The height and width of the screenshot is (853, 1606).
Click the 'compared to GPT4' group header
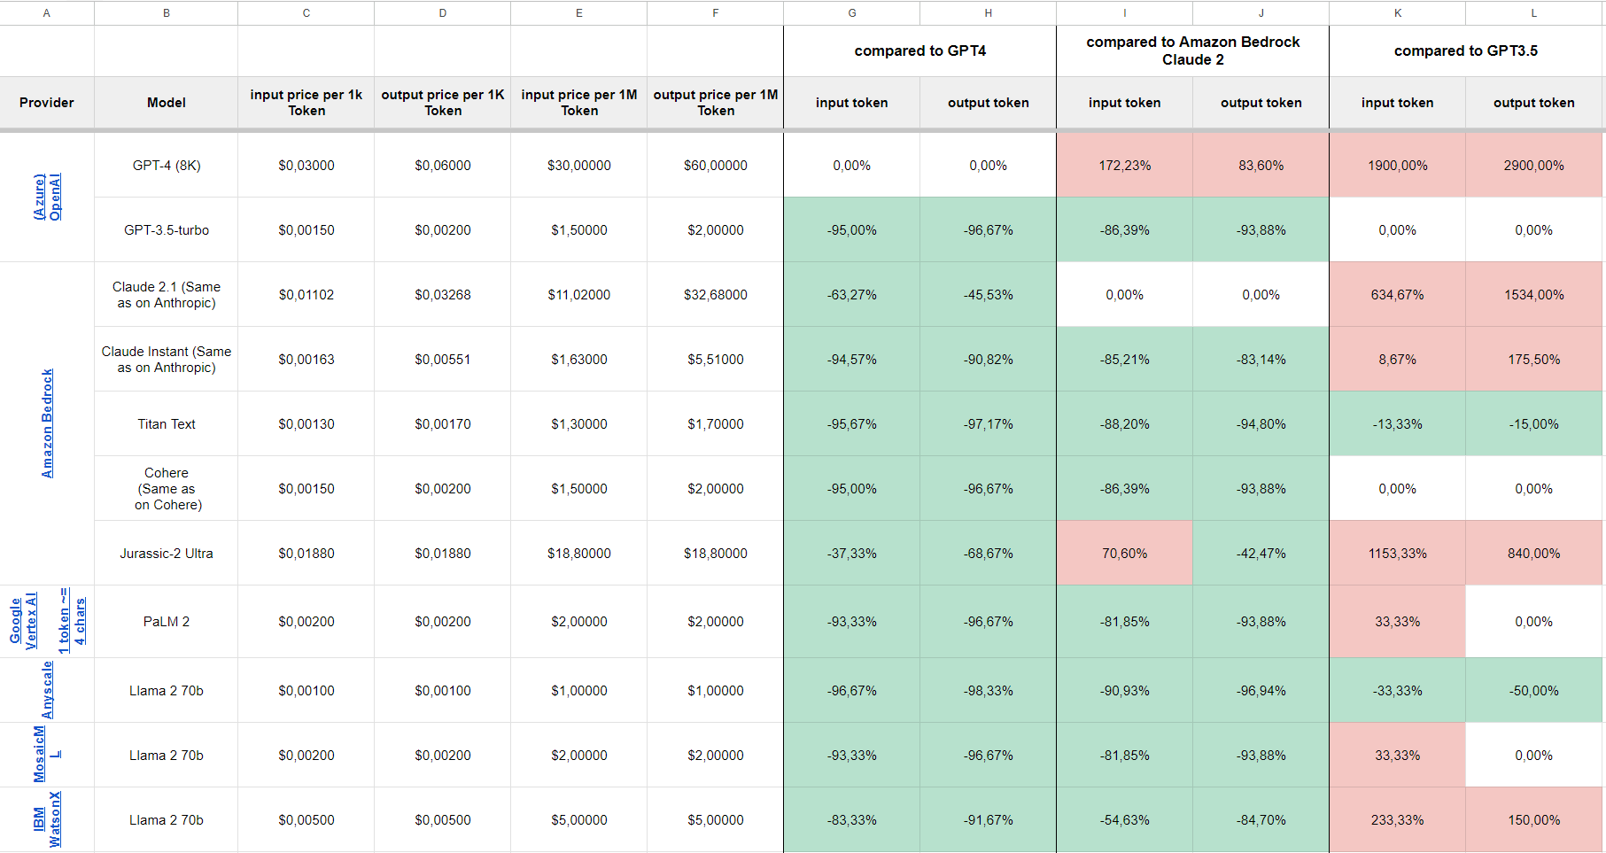coord(919,50)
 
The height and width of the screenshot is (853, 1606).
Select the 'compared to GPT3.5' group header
coord(1465,50)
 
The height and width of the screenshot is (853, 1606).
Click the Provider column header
coord(47,103)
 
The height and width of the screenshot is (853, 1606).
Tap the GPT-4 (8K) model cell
coord(167,166)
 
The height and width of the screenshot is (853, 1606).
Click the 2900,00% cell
coord(1533,166)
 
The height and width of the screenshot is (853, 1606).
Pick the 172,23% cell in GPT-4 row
coord(1124,166)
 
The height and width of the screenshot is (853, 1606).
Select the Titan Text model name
coord(167,424)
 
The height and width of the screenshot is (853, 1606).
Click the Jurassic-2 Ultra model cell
coord(167,554)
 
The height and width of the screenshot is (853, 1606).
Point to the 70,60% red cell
coord(1124,554)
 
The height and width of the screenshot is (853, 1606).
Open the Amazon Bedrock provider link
coord(47,423)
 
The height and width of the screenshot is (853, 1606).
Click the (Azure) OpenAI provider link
coord(47,197)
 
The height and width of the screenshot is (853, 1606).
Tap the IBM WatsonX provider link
coord(47,819)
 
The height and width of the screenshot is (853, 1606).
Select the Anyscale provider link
coord(47,690)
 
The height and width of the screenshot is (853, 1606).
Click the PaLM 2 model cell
coord(167,622)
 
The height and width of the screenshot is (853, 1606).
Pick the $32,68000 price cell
coord(715,295)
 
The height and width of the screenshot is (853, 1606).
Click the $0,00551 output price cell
coord(442,360)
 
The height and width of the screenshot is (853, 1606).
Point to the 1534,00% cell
coord(1533,295)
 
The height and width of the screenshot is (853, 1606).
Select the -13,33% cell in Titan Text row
coord(1397,424)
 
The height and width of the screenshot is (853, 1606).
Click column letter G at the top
coord(851,12)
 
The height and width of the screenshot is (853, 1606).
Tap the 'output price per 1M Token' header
coord(715,103)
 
